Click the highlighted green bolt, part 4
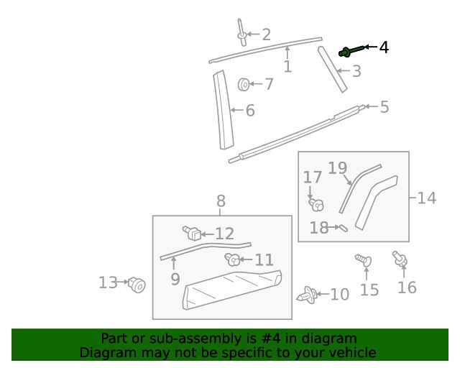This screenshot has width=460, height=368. pyautogui.click(x=351, y=50)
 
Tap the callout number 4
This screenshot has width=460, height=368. pyautogui.click(x=384, y=47)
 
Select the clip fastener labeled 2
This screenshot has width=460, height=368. pyautogui.click(x=242, y=31)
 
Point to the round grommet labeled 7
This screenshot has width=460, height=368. pyautogui.click(x=244, y=85)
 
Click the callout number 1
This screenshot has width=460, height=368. pyautogui.click(x=287, y=67)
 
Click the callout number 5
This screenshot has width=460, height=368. pyautogui.click(x=385, y=107)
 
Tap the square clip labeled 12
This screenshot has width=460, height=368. pyautogui.click(x=192, y=233)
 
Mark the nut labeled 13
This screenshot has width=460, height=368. pyautogui.click(x=137, y=285)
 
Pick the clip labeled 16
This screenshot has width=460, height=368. pyautogui.click(x=398, y=259)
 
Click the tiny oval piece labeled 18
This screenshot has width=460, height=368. pyautogui.click(x=343, y=229)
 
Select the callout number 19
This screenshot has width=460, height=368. pyautogui.click(x=338, y=168)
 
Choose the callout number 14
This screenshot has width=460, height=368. pyautogui.click(x=426, y=198)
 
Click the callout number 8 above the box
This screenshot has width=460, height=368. pyautogui.click(x=221, y=201)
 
